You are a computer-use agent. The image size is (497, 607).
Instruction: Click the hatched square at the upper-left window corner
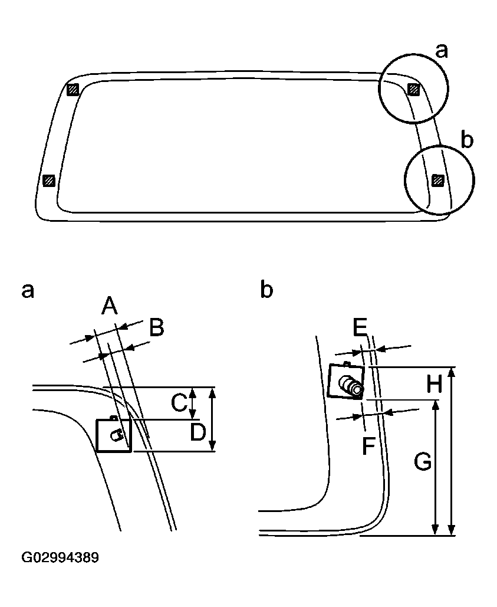coord(73,90)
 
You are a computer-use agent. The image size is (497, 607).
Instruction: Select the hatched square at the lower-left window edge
coord(50,180)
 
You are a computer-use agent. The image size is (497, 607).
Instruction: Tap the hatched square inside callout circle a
coord(414,89)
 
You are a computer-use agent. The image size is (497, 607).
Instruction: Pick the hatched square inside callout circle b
coord(437,180)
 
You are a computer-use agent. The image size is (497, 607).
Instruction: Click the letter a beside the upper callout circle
coord(441,51)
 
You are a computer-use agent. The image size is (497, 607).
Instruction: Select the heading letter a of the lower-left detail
coord(28,290)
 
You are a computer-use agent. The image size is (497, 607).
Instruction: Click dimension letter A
coord(109,306)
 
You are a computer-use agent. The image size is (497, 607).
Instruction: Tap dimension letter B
coord(156,327)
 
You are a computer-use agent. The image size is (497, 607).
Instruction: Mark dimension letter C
coord(179,403)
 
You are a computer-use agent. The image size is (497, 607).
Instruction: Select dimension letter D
coord(198,432)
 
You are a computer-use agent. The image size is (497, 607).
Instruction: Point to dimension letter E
coord(360,326)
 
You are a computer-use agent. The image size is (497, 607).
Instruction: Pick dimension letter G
coord(422,462)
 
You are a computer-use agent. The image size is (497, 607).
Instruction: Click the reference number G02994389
coord(60,557)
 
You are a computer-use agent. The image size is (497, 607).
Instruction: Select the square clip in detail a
coord(113,435)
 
